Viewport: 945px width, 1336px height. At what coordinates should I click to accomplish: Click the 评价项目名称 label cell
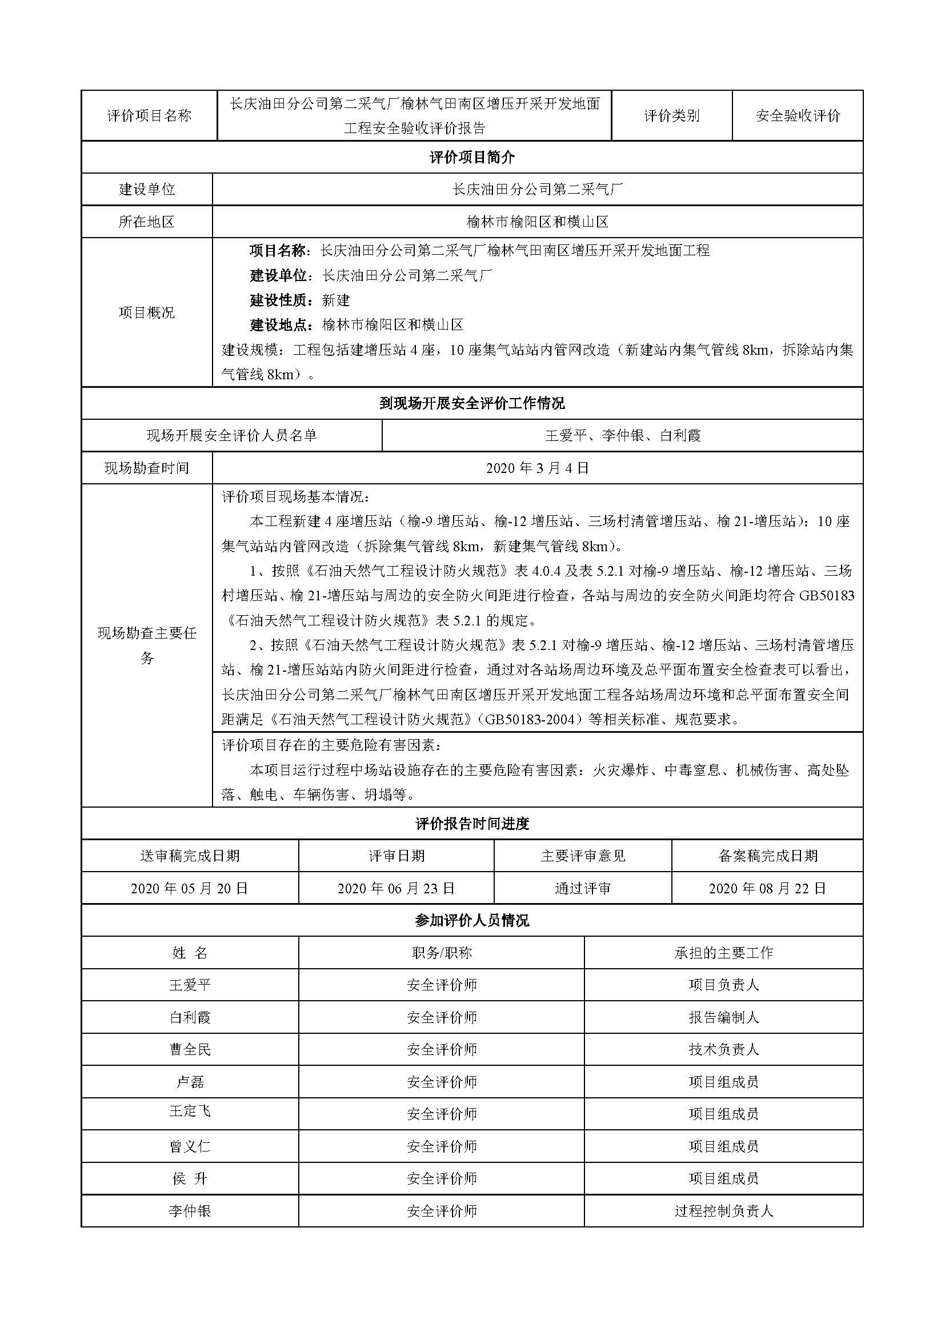[x=149, y=116]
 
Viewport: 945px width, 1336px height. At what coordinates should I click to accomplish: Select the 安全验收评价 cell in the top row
[x=797, y=116]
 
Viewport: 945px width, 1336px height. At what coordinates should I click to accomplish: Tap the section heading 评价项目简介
[x=472, y=157]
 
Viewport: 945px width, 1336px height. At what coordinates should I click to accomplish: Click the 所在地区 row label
[x=147, y=222]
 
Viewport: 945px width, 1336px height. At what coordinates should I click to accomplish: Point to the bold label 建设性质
[x=278, y=300]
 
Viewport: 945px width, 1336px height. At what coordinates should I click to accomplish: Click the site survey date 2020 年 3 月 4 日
[x=537, y=468]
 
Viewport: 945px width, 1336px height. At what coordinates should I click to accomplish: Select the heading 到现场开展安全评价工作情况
[x=472, y=403]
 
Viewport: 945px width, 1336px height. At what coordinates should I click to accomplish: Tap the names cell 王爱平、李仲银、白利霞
[x=623, y=435]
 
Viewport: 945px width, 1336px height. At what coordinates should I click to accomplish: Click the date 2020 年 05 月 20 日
[x=190, y=889]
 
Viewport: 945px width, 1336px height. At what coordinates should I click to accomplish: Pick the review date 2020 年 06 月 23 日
[x=397, y=889]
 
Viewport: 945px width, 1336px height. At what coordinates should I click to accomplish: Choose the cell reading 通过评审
[x=582, y=889]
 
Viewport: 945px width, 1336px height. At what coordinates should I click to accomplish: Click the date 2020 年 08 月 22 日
[x=767, y=889]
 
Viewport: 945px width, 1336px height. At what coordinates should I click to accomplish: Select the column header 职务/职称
[x=441, y=953]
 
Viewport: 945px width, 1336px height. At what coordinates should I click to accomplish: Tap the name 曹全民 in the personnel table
[x=190, y=1050]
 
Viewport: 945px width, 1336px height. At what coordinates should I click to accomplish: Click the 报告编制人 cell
[x=723, y=1018]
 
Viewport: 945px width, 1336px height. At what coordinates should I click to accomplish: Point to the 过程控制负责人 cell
[x=723, y=1211]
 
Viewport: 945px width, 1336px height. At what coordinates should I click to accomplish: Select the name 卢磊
[x=190, y=1082]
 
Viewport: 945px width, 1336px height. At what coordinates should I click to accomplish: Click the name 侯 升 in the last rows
[x=190, y=1179]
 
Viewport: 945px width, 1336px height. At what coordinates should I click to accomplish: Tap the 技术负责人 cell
[x=723, y=1050]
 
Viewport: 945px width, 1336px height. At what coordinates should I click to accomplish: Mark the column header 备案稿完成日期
[x=767, y=856]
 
